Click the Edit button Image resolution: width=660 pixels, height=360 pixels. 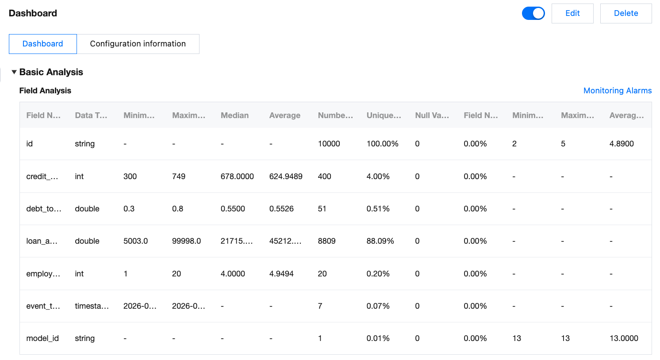click(x=572, y=13)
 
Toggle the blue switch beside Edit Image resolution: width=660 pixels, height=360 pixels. click(x=533, y=13)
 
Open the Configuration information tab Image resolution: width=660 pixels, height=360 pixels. click(x=138, y=44)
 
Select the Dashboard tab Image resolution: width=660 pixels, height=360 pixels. click(x=43, y=44)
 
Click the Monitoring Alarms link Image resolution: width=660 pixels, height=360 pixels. click(x=617, y=91)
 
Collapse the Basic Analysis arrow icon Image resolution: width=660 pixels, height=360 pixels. click(x=14, y=72)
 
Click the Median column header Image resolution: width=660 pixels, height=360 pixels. click(x=234, y=115)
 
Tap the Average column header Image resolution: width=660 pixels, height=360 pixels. click(x=284, y=115)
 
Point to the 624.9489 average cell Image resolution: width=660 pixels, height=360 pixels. click(x=286, y=176)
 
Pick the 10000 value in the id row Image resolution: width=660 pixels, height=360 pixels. click(x=329, y=144)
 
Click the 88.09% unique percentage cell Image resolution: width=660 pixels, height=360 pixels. click(x=380, y=241)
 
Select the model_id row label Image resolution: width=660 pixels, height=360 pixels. click(x=42, y=338)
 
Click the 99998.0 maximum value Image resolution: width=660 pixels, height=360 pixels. click(x=186, y=241)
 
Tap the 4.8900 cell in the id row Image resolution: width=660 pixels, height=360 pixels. click(x=622, y=144)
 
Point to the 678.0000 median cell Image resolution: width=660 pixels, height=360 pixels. click(x=237, y=176)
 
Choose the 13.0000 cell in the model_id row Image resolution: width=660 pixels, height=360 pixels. click(x=624, y=338)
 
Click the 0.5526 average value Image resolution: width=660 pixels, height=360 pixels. click(x=281, y=209)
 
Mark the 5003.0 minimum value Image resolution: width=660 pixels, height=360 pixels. click(x=135, y=241)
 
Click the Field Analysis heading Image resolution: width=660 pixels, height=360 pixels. click(x=45, y=91)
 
